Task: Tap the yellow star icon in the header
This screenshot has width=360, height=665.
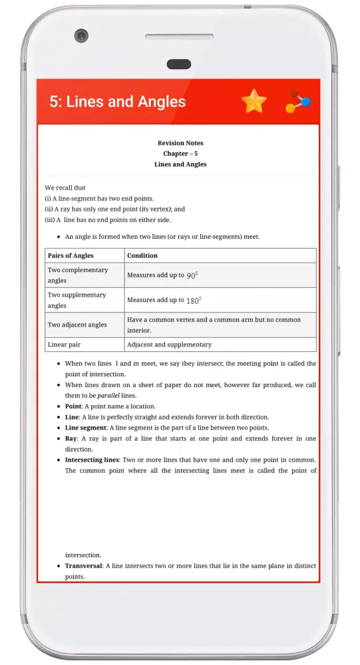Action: (x=254, y=101)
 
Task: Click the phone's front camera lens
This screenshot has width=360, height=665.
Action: (x=81, y=35)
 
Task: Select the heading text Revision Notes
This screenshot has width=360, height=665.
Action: (x=180, y=143)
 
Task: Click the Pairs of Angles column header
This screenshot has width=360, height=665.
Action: (x=71, y=255)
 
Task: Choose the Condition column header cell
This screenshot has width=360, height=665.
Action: (x=142, y=255)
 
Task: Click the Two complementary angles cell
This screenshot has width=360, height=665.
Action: (x=78, y=275)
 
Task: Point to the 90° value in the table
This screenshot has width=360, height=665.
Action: (x=192, y=275)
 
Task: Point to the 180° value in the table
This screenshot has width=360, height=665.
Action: (x=193, y=301)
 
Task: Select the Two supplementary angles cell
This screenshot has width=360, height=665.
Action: (x=77, y=300)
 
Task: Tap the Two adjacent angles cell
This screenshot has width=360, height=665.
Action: (x=77, y=325)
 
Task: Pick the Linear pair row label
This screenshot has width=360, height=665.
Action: (x=64, y=344)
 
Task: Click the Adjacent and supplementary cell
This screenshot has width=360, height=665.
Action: (x=169, y=344)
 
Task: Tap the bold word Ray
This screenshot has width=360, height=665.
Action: (x=71, y=439)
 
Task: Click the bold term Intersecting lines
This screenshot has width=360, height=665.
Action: (x=92, y=460)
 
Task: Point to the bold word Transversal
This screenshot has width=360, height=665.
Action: (x=83, y=566)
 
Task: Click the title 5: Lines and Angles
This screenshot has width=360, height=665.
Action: (x=118, y=102)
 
